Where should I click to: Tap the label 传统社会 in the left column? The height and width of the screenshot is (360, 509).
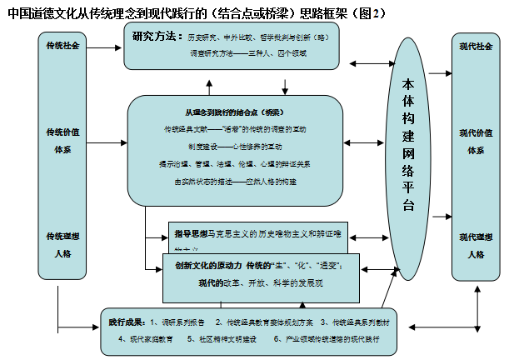tap(63, 45)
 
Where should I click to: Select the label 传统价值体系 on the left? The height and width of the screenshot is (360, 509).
tap(63, 140)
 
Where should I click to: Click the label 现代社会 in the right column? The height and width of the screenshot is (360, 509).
tap(476, 46)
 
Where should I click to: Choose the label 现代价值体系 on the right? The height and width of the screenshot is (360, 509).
tap(476, 141)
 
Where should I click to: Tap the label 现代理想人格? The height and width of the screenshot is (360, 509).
tap(476, 245)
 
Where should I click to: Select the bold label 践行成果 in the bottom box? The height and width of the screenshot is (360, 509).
tap(127, 322)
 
